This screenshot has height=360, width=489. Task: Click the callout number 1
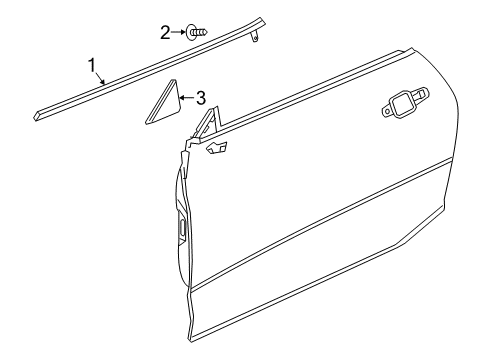(x=92, y=66)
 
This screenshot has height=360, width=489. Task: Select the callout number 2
(x=165, y=32)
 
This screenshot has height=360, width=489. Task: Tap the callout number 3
(x=201, y=98)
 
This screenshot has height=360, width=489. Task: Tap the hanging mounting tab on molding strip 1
(x=257, y=38)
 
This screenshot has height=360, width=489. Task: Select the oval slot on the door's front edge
(x=184, y=228)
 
